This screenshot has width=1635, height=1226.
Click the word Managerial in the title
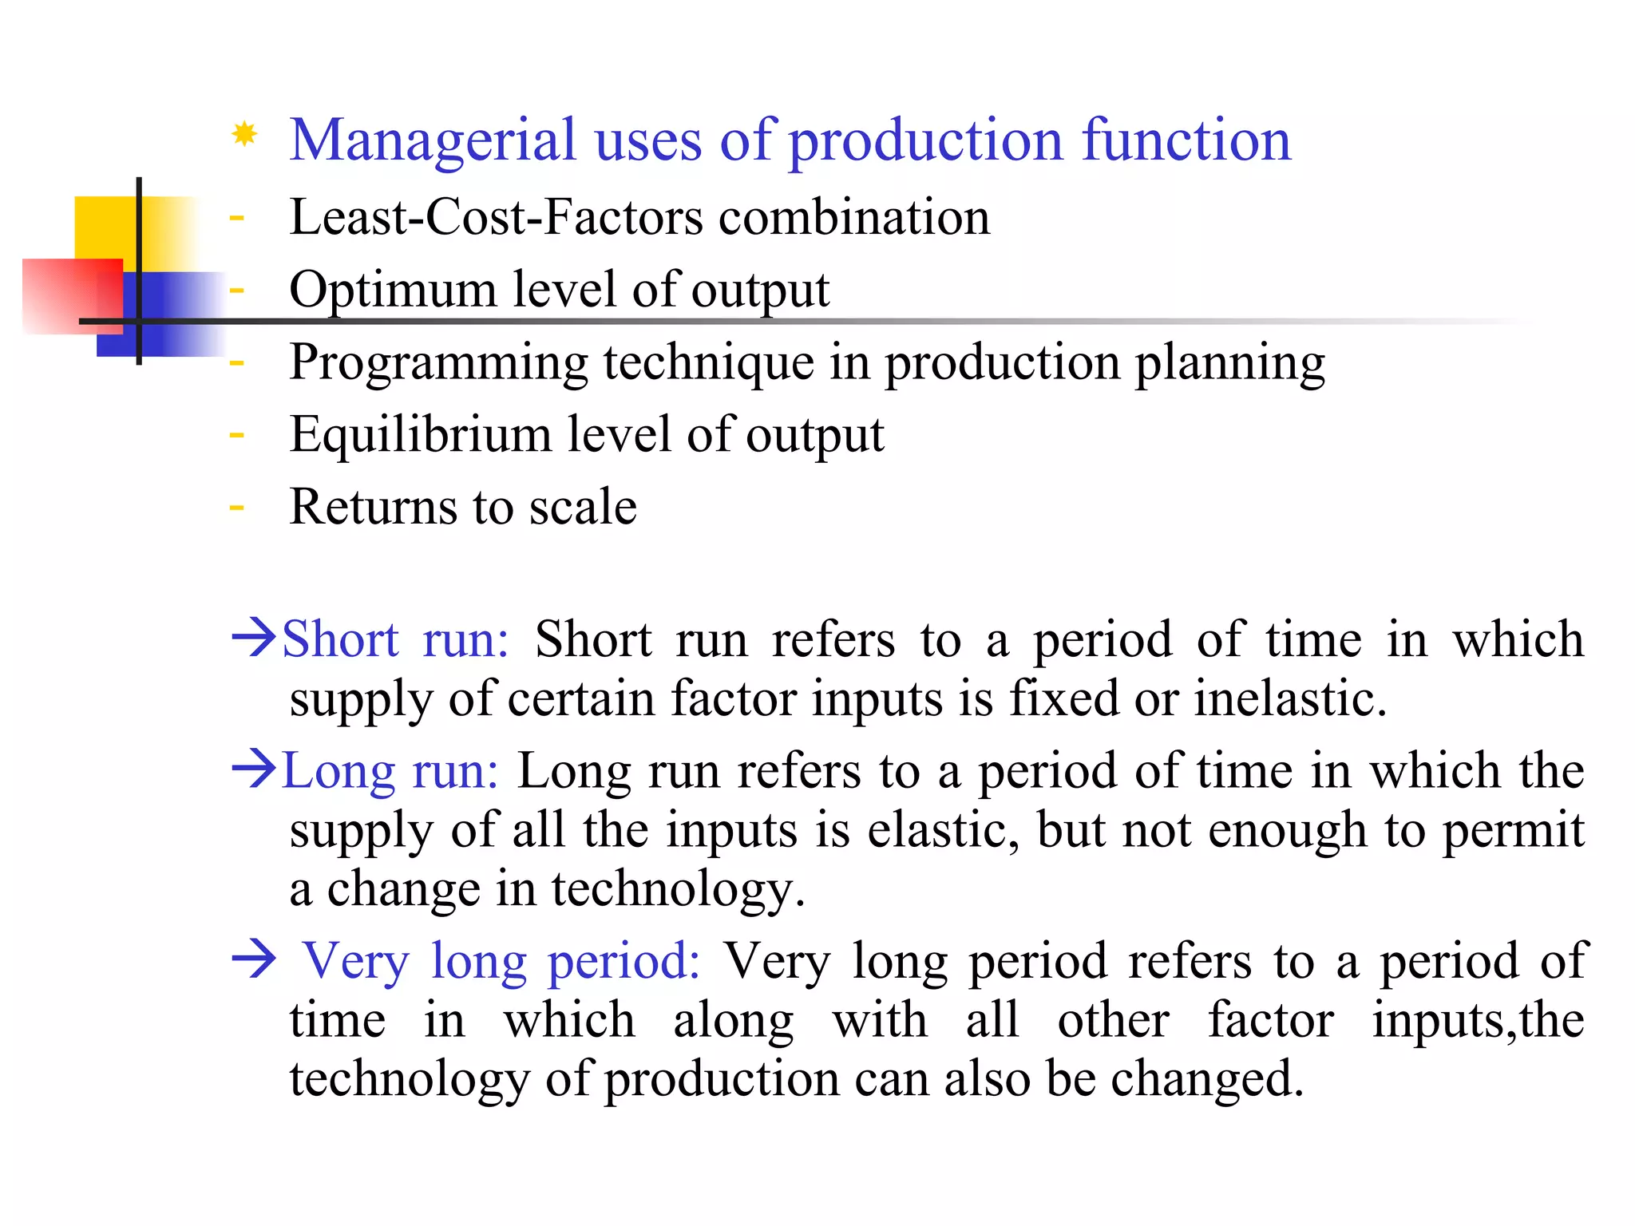pos(432,140)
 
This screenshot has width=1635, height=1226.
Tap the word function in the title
pos(1186,140)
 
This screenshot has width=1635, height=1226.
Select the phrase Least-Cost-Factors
pos(496,217)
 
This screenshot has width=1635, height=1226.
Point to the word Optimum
pos(392,290)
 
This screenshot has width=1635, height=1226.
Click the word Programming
pos(438,363)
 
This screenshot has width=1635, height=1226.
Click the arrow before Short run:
pos(254,639)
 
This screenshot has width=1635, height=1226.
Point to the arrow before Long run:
pos(254,770)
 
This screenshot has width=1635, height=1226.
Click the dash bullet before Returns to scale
pos(236,507)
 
